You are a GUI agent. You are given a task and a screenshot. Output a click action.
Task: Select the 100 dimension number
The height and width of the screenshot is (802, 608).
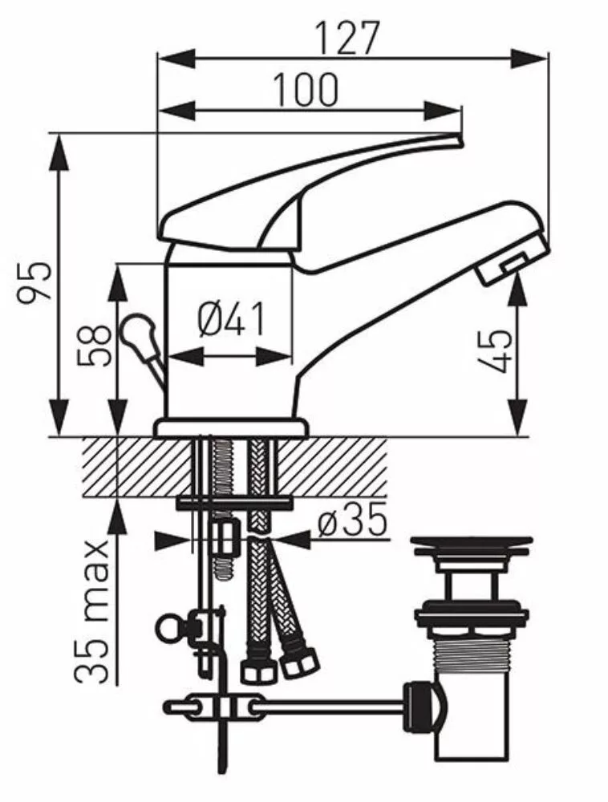coord(306,90)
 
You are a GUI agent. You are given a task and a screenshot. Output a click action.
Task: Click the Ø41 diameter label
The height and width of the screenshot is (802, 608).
coord(232,318)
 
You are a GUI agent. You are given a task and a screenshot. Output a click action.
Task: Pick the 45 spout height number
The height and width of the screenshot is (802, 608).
coord(494,351)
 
